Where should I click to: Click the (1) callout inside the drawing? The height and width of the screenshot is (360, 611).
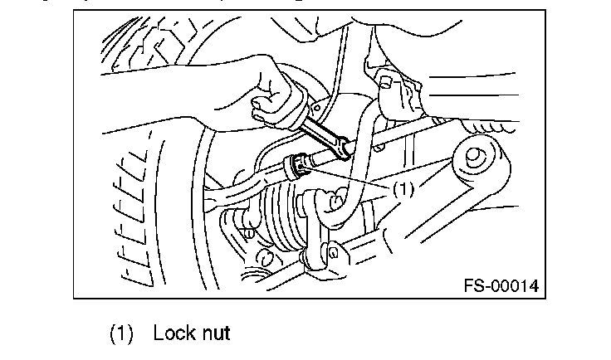[x=403, y=189]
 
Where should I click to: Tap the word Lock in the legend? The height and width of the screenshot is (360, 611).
[x=174, y=333]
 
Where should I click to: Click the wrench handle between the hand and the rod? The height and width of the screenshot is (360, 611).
[x=320, y=124]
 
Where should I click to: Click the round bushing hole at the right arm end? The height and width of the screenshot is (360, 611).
[x=475, y=156]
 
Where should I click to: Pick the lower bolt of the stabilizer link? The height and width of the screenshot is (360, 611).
[x=333, y=252]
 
